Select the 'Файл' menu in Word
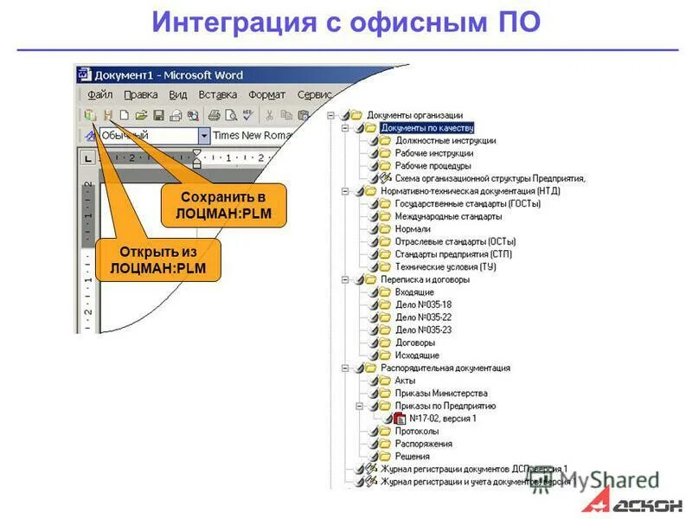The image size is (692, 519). [x=100, y=94]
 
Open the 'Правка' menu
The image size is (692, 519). [x=140, y=94]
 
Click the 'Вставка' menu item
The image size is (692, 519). [x=217, y=94]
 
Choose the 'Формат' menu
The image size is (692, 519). [x=266, y=94]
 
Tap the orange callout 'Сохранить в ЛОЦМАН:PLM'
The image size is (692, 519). [x=223, y=205]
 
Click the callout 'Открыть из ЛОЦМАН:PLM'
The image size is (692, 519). [x=159, y=259]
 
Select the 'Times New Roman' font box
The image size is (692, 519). [x=250, y=135]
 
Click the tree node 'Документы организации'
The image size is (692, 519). [x=414, y=114]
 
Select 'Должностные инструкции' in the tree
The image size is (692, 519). [x=445, y=140]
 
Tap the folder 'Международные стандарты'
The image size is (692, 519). [x=448, y=216]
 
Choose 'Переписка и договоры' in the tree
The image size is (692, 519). [x=425, y=279]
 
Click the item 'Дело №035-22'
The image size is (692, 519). [x=423, y=317]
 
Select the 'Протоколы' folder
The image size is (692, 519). [x=416, y=431]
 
